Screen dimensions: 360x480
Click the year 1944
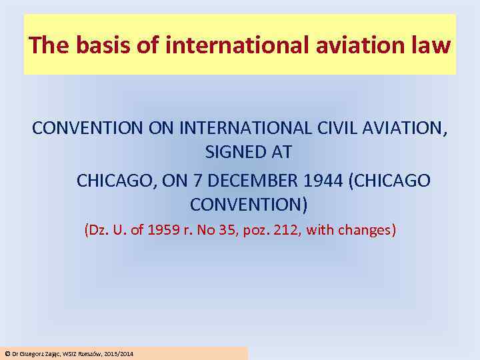coord(347,180)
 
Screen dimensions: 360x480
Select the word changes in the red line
coord(365,231)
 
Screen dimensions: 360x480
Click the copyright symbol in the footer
coord(7,353)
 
